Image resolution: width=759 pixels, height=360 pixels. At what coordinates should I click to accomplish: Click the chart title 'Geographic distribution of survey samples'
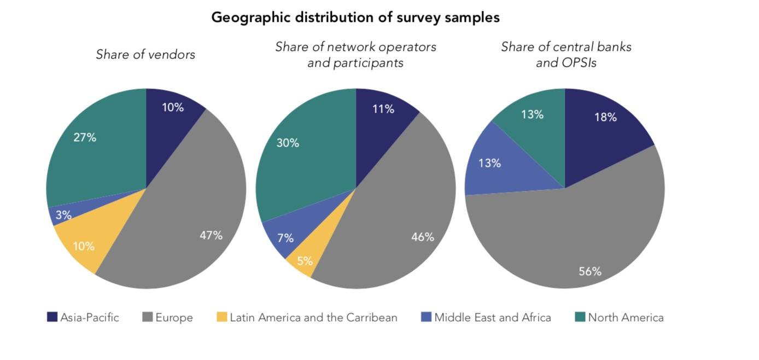pos(355,18)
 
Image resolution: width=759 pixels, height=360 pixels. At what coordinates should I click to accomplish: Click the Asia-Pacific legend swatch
pos(52,317)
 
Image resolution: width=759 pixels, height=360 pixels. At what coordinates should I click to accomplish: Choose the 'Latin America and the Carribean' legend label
pos(313,317)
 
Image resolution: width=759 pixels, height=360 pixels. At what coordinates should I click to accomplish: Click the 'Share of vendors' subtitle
pos(145,55)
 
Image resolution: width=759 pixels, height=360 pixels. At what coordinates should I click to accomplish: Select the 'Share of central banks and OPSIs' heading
pos(566,55)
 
